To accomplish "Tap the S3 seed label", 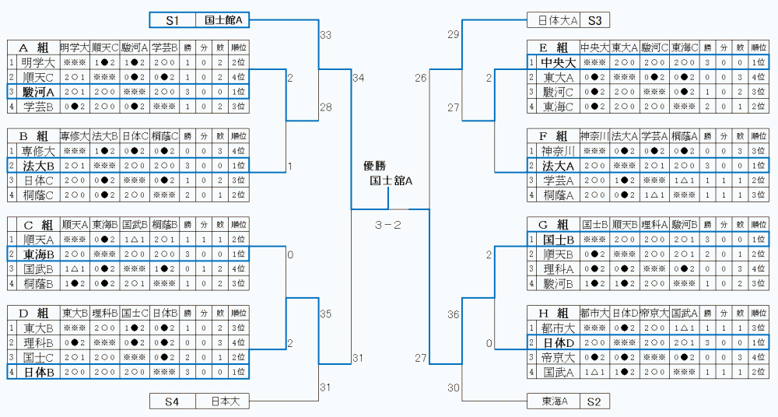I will [x=594, y=20].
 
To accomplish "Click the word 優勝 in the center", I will [x=374, y=165].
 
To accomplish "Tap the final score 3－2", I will [x=387, y=226].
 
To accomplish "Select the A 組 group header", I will [x=33, y=47].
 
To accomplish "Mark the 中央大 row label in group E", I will [x=557, y=62].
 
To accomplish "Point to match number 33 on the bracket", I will [x=325, y=35].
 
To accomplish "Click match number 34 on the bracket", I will [x=358, y=78].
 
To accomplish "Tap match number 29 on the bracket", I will [x=454, y=35].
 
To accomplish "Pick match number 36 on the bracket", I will [x=454, y=314].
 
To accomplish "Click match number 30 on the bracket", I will [x=454, y=387].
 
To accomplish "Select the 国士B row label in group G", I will [x=557, y=239].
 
